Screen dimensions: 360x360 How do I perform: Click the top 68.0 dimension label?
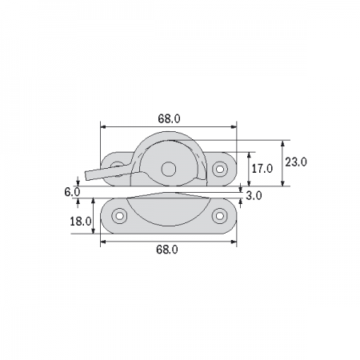click(169, 118)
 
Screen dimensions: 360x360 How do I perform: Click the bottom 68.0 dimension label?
click(166, 250)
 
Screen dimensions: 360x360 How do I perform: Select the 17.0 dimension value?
click(262, 168)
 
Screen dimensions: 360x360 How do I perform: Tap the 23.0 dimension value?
click(297, 162)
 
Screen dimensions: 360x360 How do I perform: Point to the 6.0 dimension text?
click(70, 192)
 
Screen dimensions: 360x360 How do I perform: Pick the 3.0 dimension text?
click(254, 195)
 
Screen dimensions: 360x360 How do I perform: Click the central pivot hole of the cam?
click(168, 169)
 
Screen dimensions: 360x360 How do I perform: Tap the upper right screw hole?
click(220, 168)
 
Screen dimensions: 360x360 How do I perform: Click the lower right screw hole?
click(220, 215)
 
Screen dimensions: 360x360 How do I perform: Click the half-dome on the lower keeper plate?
click(169, 210)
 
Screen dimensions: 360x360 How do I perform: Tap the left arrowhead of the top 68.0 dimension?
click(102, 126)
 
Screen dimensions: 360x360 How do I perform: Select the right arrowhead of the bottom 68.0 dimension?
click(234, 241)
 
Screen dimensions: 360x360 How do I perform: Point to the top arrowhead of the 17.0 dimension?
click(249, 154)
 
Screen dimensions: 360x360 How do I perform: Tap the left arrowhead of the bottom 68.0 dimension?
click(102, 241)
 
